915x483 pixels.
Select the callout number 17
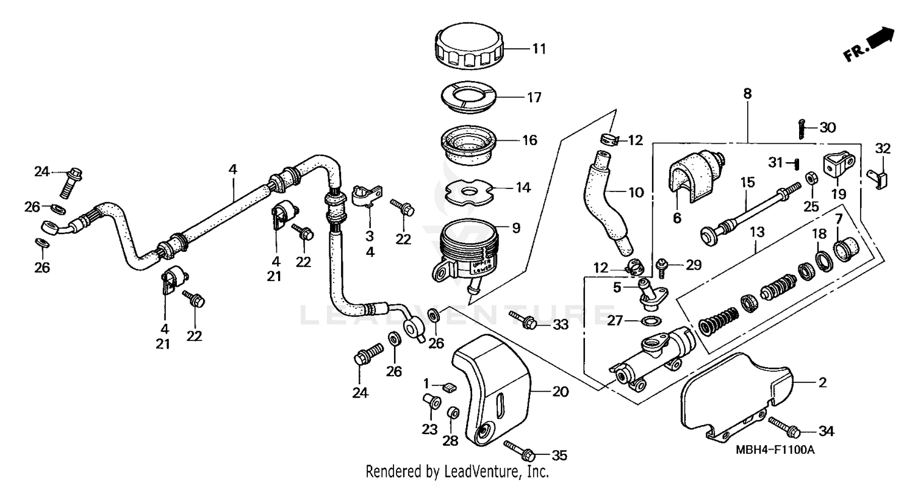click(534, 98)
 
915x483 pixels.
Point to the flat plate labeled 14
click(469, 191)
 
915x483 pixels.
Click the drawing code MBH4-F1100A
click(775, 450)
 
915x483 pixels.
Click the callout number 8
click(747, 94)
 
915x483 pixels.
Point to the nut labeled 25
click(811, 179)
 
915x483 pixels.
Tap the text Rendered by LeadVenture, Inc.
click(457, 471)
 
